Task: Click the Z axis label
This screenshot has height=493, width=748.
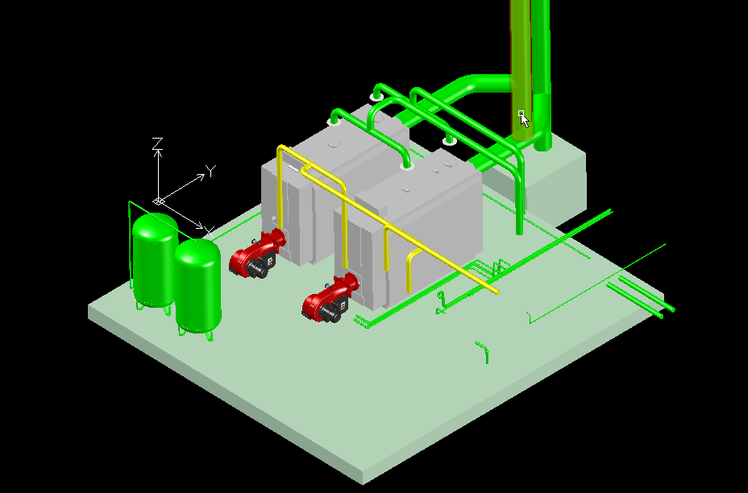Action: [x=157, y=143]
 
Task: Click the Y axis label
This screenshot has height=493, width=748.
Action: [x=210, y=171]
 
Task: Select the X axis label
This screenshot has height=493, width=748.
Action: [x=209, y=233]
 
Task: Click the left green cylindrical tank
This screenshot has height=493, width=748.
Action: [x=154, y=260]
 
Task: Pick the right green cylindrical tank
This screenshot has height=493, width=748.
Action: [x=198, y=286]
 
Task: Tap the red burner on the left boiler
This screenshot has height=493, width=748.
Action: [x=256, y=254]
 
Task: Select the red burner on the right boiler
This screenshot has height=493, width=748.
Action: [x=330, y=298]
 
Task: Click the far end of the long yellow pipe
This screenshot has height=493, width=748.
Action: [x=497, y=292]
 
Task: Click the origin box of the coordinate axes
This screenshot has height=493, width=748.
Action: [x=159, y=201]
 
